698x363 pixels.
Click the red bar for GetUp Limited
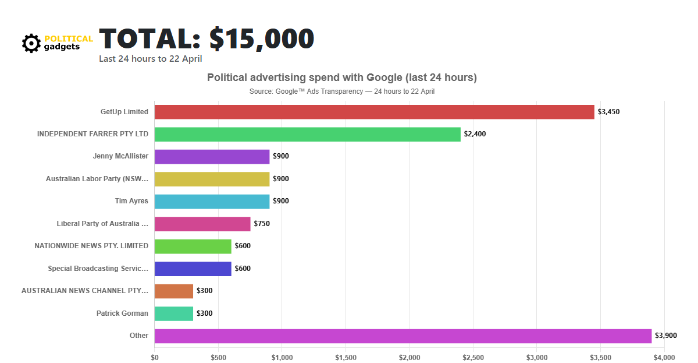coord(374,112)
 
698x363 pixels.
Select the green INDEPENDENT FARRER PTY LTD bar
coord(307,134)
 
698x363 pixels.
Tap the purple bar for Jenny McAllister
coord(212,156)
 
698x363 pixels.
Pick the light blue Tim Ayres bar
coord(212,201)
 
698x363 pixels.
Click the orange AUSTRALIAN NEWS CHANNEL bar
coord(173,291)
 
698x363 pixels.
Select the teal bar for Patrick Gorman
coord(173,313)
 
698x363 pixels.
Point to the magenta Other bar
coord(403,336)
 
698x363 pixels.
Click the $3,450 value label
coord(608,112)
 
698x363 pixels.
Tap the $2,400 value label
coord(475,134)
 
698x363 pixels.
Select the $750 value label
coord(262,224)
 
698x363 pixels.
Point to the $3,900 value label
coord(666,336)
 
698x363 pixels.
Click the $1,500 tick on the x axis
coord(346,357)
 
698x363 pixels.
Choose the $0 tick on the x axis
coord(155,357)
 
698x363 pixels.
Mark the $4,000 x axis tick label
coord(664,357)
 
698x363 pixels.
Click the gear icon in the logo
coord(31,43)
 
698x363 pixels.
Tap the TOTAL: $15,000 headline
coord(206,38)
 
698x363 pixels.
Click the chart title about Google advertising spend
coord(341,77)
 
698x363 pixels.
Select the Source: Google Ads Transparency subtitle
coord(341,91)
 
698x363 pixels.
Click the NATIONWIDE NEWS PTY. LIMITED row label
coord(91,246)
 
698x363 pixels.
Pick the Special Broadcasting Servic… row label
coord(98,269)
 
